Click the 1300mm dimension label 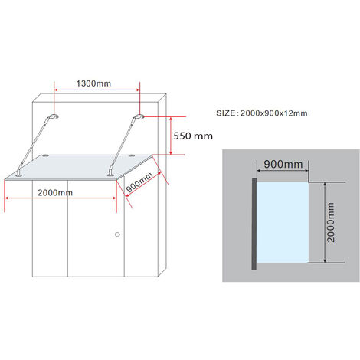(93, 83)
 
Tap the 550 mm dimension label (193, 136)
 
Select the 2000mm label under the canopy (55, 192)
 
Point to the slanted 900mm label (139, 182)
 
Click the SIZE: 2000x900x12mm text (262, 113)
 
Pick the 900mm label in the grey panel (283, 164)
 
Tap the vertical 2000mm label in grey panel (330, 222)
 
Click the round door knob (117, 234)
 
